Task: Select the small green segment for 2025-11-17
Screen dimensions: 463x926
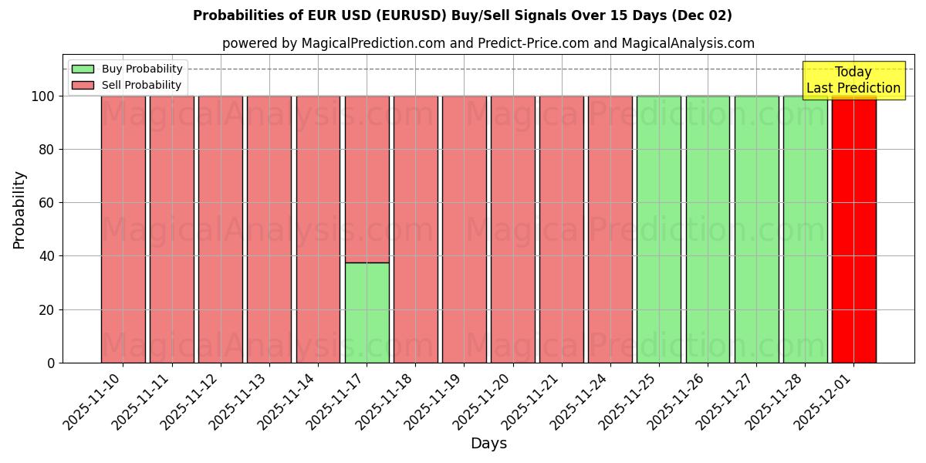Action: [x=367, y=313]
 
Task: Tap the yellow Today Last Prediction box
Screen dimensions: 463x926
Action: [x=853, y=80]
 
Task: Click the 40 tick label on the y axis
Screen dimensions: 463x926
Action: [x=47, y=256]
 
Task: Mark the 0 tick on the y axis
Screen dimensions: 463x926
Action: [x=52, y=363]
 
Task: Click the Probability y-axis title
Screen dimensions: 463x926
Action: [x=19, y=210]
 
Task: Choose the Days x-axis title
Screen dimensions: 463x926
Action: [x=488, y=444]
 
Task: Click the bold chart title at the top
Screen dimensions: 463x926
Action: [x=462, y=15]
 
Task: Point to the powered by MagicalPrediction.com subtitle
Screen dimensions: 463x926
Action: [x=488, y=43]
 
